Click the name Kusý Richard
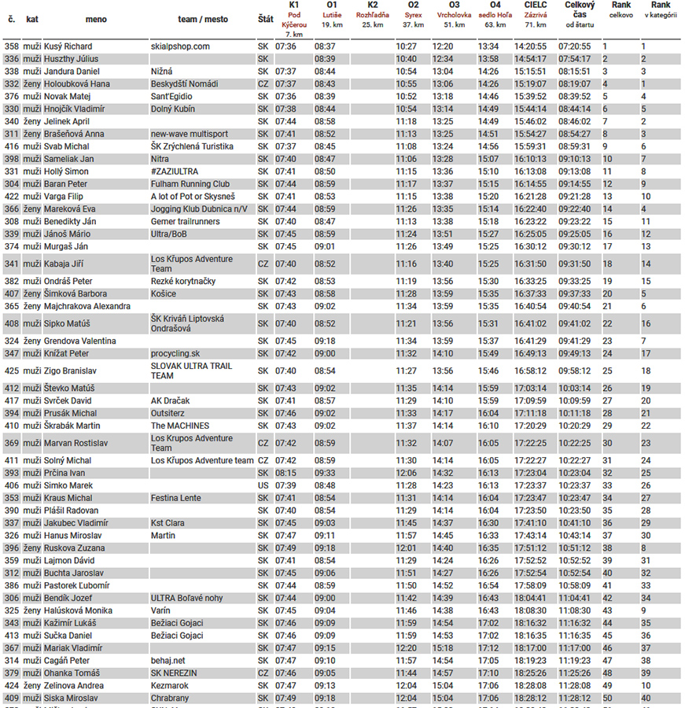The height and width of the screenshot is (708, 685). pos(68,46)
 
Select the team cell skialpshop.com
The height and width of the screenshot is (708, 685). pos(180,46)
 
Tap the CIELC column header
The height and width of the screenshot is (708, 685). pos(536,5)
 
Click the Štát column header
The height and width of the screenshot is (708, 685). pos(266,19)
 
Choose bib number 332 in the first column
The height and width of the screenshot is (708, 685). pos(12,84)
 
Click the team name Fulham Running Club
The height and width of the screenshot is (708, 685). pos(191,184)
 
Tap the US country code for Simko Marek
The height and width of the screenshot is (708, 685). pos(263,485)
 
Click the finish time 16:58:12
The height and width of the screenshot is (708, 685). pos(530,371)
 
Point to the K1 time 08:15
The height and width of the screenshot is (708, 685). pos(286,473)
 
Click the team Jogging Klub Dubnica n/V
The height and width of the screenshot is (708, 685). pos(199,209)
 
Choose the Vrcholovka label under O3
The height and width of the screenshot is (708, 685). pos(454,15)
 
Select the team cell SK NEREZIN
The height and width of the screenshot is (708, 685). pos(174,673)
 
